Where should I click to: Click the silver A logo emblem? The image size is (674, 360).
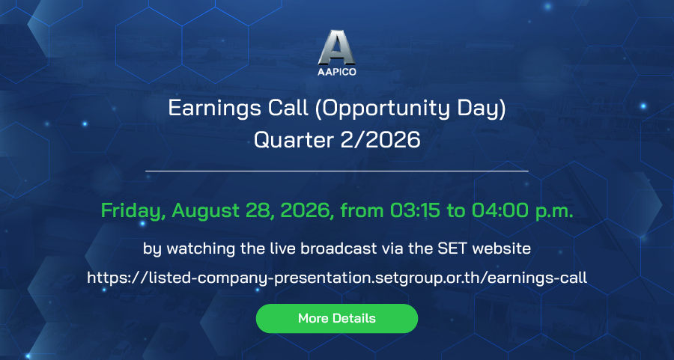(336, 47)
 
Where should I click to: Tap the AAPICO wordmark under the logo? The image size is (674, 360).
(337, 72)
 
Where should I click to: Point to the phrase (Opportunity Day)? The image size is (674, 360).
(410, 109)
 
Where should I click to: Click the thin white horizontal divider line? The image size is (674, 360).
(337, 171)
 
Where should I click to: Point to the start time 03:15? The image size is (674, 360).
(415, 210)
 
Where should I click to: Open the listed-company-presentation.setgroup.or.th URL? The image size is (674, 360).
(337, 278)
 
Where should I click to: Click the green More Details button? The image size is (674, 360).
(337, 318)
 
